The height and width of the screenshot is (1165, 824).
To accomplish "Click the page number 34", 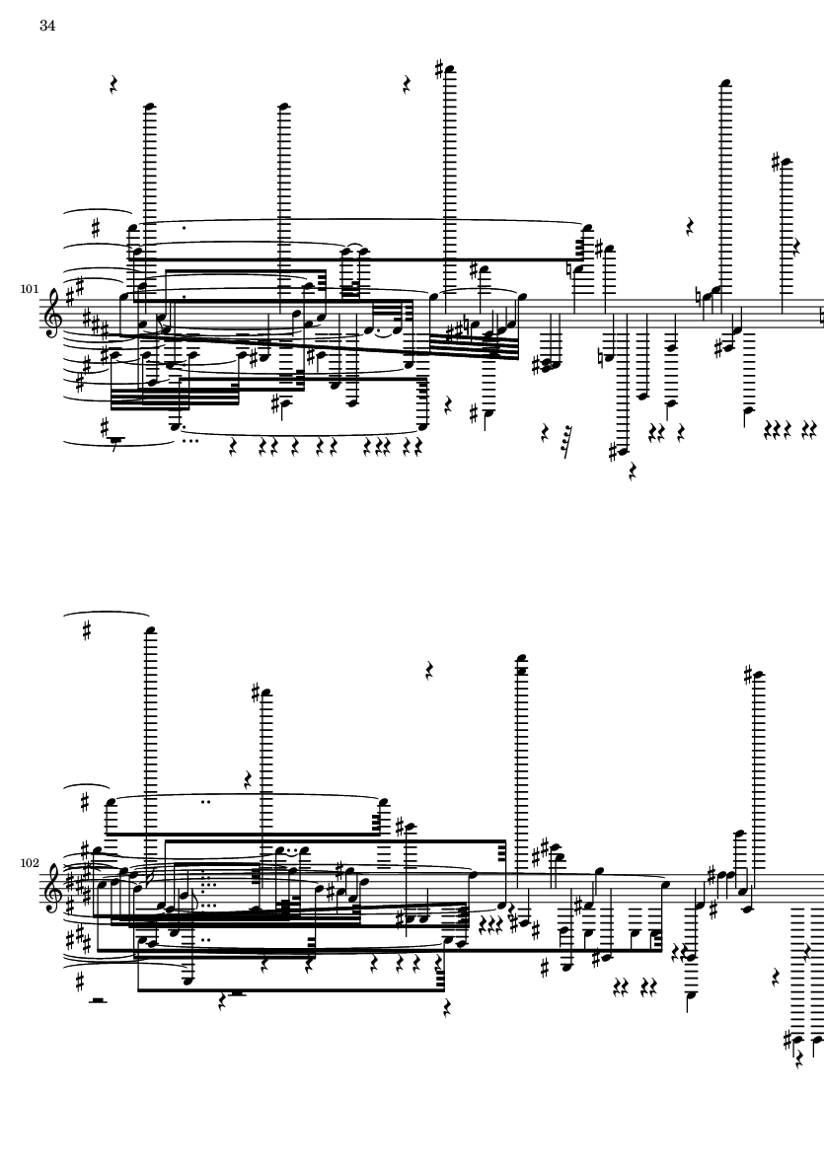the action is pyautogui.click(x=47, y=26).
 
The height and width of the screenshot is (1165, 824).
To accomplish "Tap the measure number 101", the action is pyautogui.click(x=29, y=289).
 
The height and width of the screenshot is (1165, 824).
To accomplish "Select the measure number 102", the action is pyautogui.click(x=29, y=863).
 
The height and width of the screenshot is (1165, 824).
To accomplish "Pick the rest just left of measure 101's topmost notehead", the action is pyautogui.click(x=407, y=85).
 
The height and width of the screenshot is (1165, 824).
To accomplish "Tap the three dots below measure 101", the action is pyautogui.click(x=190, y=441).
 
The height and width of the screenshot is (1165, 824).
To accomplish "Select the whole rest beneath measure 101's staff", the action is pyautogui.click(x=115, y=440).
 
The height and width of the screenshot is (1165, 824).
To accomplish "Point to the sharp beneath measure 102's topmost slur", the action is pyautogui.click(x=87, y=631).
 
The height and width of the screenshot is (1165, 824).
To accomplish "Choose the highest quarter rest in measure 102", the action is pyautogui.click(x=429, y=672).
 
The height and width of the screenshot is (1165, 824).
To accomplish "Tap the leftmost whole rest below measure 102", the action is pyautogui.click(x=98, y=1001).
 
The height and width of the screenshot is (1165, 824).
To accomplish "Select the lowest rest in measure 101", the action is pyautogui.click(x=633, y=472).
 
